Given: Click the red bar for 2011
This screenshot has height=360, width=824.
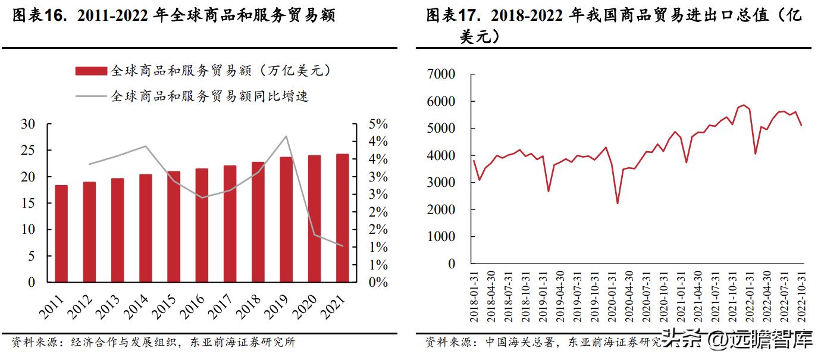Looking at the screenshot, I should [x=61, y=233].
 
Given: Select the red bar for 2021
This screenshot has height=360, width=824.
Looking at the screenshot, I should [x=342, y=218].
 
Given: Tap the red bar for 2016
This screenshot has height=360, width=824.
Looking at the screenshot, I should [x=202, y=225].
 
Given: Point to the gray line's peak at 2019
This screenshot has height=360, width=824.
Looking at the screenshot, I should [x=286, y=136].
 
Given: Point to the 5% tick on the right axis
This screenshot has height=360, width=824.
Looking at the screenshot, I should [x=377, y=124].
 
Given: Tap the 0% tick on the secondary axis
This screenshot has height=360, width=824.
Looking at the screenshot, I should [x=377, y=282].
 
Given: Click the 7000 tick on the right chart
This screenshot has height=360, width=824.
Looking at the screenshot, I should [x=441, y=74].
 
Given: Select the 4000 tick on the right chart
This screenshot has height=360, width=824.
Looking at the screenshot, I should [x=441, y=156].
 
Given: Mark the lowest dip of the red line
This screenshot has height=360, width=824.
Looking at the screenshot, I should [x=618, y=203].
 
